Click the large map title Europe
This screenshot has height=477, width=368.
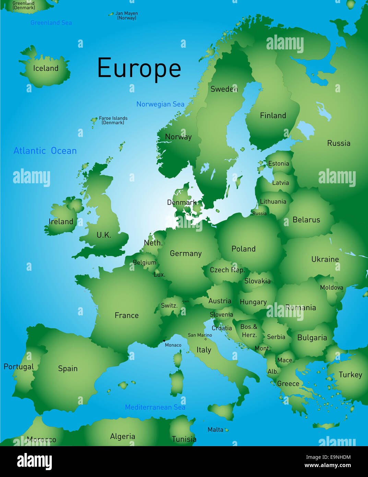click(139, 68)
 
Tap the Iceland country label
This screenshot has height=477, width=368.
click(46, 68)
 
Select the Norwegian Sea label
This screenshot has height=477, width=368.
click(160, 104)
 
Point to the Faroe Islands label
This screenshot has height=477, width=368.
click(113, 120)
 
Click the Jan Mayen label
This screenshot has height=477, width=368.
click(127, 15)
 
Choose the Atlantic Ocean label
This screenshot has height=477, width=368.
click(45, 151)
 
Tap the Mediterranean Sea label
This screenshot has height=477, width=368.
click(155, 407)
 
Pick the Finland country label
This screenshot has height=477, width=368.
click(273, 115)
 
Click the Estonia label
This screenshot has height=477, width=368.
click(278, 163)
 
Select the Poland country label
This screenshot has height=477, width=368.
click(244, 249)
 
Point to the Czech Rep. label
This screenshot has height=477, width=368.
click(227, 270)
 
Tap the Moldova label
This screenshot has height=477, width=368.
click(331, 288)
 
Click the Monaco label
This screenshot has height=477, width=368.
click(173, 345)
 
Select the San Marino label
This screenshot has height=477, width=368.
click(200, 335)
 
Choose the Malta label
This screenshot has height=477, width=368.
click(215, 429)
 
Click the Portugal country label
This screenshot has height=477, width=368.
click(19, 367)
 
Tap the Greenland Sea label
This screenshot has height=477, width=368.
click(51, 23)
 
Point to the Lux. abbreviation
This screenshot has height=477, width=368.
click(159, 275)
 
